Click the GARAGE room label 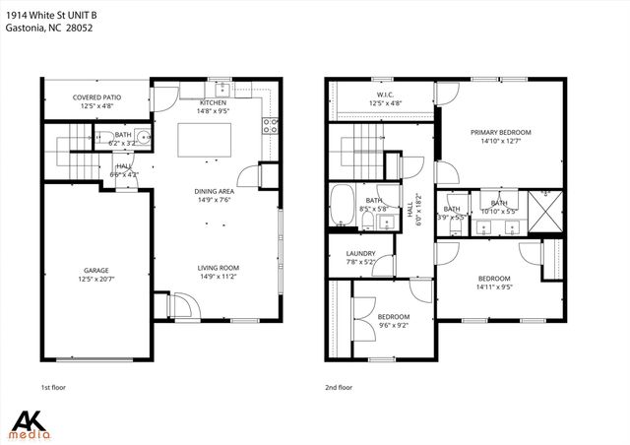[x=95, y=270]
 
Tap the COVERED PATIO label [x=95, y=97]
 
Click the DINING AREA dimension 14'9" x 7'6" [x=214, y=199]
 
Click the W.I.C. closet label [x=387, y=94]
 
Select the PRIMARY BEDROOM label [x=500, y=132]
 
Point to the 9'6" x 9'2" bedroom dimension [x=393, y=324]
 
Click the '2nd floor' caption [x=339, y=387]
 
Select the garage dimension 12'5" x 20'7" [x=95, y=279]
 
